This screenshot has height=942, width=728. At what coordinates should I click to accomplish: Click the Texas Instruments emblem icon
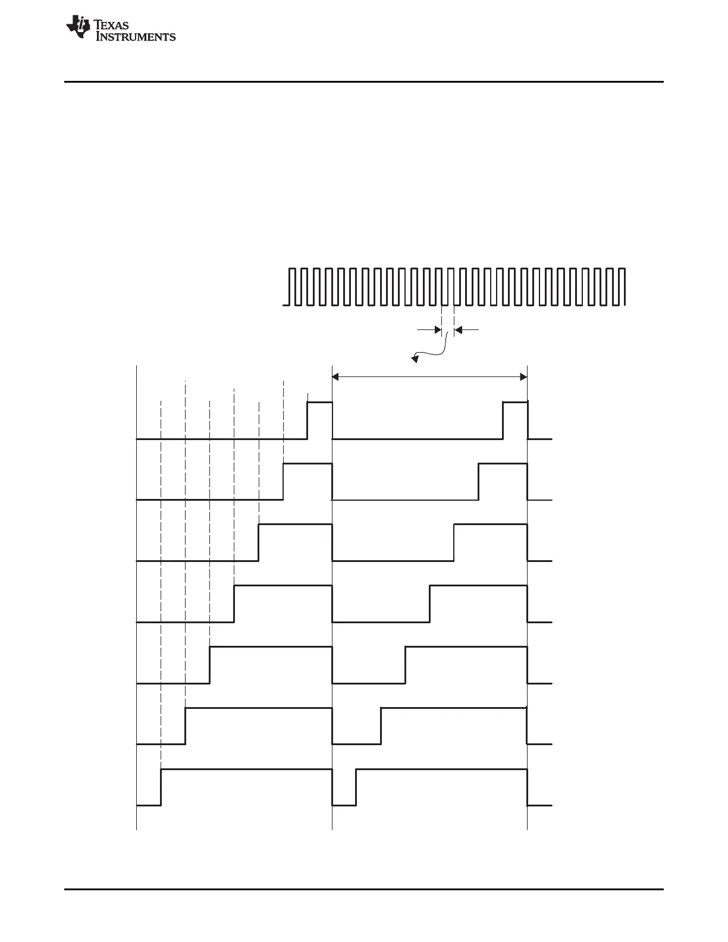[78, 27]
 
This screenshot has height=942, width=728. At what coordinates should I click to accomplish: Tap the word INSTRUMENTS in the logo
[136, 37]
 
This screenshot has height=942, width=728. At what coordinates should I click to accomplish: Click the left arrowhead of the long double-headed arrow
[336, 376]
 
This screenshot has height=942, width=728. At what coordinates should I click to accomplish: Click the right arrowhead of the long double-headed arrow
[523, 376]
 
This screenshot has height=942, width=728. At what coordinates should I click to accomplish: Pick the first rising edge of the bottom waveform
[161, 787]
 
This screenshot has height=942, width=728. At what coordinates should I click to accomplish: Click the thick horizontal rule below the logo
[363, 81]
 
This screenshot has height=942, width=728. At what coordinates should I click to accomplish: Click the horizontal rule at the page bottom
[363, 890]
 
